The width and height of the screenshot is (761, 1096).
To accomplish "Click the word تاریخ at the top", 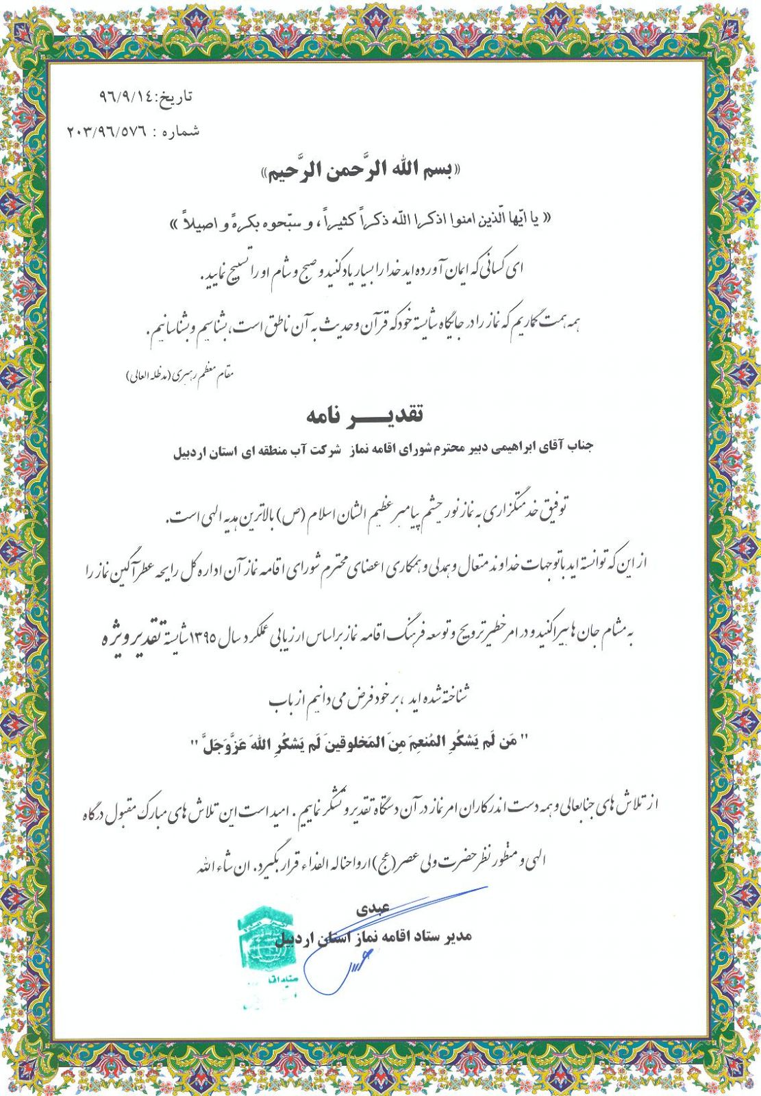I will (x=177, y=97).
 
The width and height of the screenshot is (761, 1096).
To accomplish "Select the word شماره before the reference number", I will (x=181, y=131).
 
